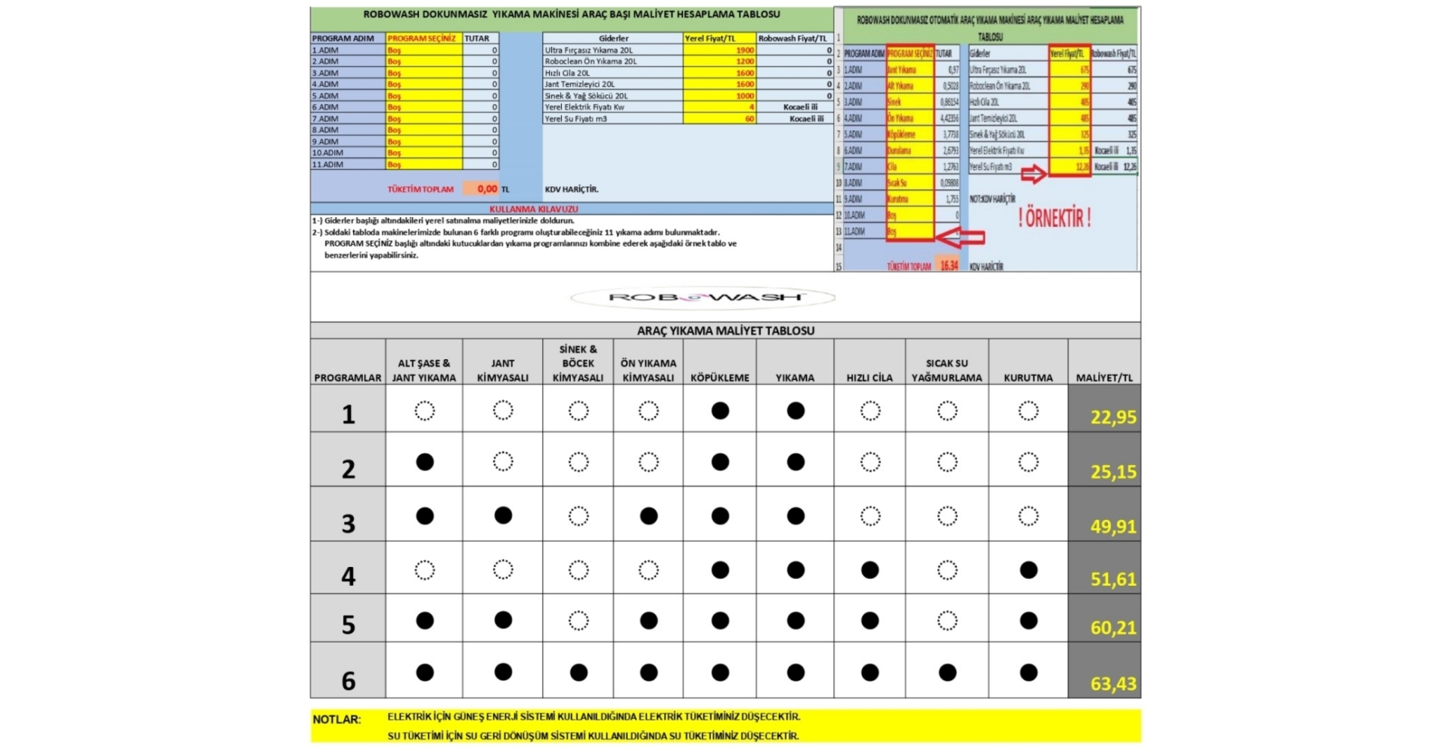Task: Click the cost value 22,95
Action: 1112,417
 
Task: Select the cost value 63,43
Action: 1112,683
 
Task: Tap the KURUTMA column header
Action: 1028,377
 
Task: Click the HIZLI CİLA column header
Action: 869,377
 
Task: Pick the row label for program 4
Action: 348,576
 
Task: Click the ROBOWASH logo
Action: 703,297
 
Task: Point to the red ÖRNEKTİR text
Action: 1054,218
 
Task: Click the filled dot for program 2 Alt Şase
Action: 425,462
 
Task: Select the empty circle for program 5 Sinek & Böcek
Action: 579,621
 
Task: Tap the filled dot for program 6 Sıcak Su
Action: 947,672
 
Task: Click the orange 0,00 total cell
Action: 481,189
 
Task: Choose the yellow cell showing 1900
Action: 719,50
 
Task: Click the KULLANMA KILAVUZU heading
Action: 533,209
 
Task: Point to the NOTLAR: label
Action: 337,720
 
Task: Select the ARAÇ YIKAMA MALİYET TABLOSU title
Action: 725,330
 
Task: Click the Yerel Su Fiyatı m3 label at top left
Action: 576,119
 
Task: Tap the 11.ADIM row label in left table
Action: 327,164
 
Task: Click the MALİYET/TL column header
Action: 1103,377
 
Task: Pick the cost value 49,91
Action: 1112,526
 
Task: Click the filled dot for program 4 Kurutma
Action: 1028,570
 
